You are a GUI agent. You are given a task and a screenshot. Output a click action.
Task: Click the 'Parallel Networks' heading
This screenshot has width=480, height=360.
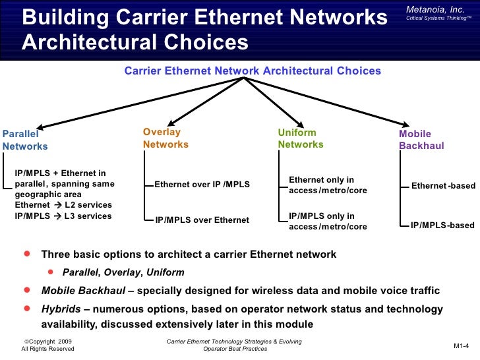(25, 140)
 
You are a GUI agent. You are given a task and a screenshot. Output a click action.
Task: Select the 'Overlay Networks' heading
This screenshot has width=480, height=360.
(165, 138)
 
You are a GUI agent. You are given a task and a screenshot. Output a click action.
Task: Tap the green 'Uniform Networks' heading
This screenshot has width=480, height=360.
(301, 138)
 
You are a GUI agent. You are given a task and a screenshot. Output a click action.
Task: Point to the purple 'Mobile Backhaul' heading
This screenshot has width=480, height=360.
(421, 140)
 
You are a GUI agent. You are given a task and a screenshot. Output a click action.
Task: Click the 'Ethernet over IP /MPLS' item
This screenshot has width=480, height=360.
(202, 185)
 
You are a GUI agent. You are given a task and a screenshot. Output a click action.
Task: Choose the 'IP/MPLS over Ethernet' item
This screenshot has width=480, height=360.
(202, 220)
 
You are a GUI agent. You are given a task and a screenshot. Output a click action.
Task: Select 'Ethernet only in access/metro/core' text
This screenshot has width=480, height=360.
(328, 185)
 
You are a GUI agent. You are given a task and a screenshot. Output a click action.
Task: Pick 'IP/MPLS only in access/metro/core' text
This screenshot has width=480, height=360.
(328, 221)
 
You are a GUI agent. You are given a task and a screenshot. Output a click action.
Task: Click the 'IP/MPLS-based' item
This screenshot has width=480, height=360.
(442, 225)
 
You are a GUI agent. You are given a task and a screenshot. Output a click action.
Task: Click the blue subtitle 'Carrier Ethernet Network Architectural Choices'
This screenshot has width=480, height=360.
(253, 71)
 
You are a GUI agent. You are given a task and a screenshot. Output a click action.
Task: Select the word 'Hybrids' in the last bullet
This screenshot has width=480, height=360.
(61, 309)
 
